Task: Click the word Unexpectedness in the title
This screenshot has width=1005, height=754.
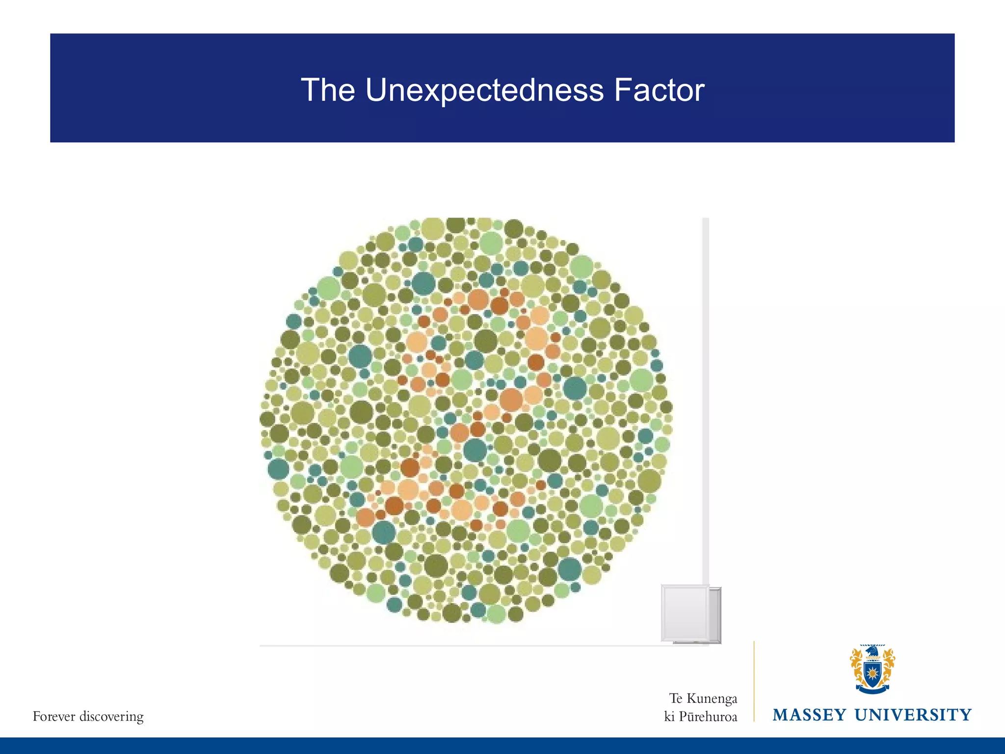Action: tap(484, 90)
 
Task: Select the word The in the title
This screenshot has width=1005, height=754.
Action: tap(328, 90)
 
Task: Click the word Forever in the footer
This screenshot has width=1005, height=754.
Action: tap(54, 717)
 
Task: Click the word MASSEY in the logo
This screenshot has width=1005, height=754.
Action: tap(810, 715)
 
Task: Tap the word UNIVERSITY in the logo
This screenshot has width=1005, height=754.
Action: tap(913, 715)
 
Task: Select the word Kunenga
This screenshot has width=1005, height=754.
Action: tap(712, 699)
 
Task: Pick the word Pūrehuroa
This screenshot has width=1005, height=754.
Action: tap(708, 717)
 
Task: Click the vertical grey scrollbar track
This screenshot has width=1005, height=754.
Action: tap(706, 393)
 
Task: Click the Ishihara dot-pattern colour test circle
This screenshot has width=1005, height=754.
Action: tap(466, 420)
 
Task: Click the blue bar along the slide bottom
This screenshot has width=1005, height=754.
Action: tap(502, 746)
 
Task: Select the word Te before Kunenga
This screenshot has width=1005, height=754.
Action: tap(676, 699)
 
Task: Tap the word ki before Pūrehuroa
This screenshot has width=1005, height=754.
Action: tap(669, 717)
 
